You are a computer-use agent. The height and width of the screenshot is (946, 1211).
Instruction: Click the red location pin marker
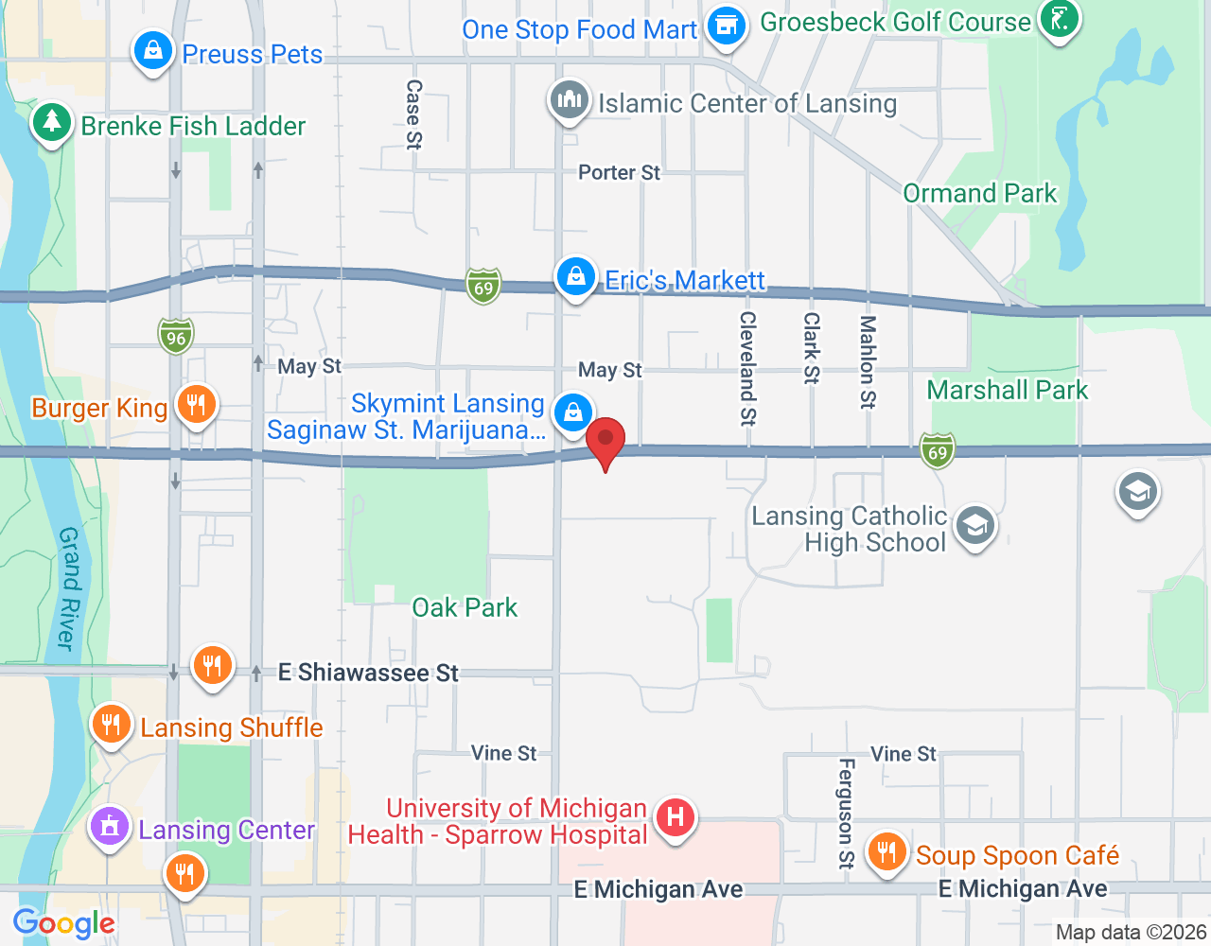(x=605, y=441)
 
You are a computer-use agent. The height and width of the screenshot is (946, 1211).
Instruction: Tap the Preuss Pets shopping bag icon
(x=152, y=50)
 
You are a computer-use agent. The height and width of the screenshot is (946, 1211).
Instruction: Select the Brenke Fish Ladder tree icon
(x=51, y=123)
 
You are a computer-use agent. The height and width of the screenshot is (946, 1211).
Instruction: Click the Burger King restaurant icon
(x=196, y=405)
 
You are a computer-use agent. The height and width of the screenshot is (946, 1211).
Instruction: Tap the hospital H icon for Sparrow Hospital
(x=675, y=816)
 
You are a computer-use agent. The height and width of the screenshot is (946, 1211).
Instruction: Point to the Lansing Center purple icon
(x=110, y=827)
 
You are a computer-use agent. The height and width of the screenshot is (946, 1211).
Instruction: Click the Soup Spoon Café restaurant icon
(x=886, y=852)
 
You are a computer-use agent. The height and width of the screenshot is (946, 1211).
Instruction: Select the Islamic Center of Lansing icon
(x=569, y=99)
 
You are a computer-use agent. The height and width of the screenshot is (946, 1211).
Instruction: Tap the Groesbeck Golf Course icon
(x=1059, y=18)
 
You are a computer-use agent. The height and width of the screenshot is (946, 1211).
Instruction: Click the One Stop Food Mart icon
(x=727, y=26)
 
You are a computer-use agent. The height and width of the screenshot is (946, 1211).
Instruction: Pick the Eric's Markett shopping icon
(x=575, y=276)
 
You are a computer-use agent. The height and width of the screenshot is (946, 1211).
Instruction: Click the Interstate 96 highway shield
(x=176, y=337)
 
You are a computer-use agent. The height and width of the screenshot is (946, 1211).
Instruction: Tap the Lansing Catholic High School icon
(x=974, y=526)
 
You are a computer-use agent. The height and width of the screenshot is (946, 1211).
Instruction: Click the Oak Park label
(x=465, y=607)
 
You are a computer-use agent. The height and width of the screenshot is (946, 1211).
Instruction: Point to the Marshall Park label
(x=1007, y=390)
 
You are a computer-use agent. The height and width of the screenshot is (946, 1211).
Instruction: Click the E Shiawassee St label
(x=368, y=673)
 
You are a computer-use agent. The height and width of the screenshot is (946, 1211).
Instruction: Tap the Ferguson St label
(x=846, y=814)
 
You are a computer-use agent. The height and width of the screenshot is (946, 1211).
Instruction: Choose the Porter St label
(x=619, y=172)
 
